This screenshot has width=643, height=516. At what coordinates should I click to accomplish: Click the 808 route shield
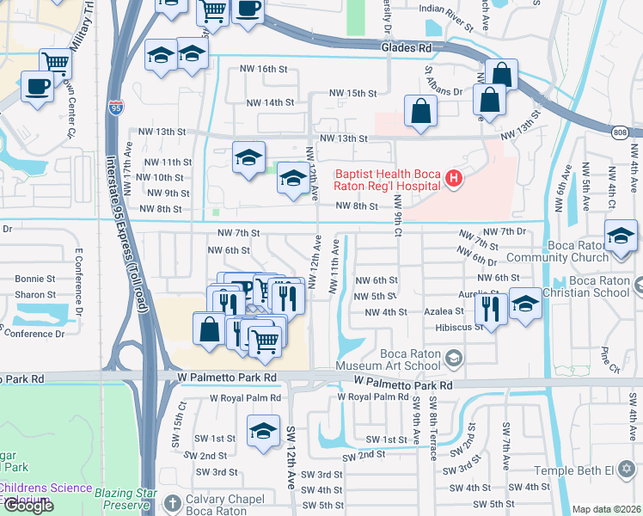coord(621,132)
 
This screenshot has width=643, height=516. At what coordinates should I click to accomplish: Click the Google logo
coord(28,506)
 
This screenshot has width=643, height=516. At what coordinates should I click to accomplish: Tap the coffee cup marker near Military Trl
coord(37,88)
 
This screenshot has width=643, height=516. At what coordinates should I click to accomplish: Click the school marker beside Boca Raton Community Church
coord(621,236)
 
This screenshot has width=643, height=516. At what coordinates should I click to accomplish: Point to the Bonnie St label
coord(34,279)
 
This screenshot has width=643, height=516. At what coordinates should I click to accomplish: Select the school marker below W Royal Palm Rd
coord(263,431)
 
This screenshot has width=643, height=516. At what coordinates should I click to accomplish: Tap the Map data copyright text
coord(607,509)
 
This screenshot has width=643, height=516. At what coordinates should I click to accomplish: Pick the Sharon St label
coord(34,294)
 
